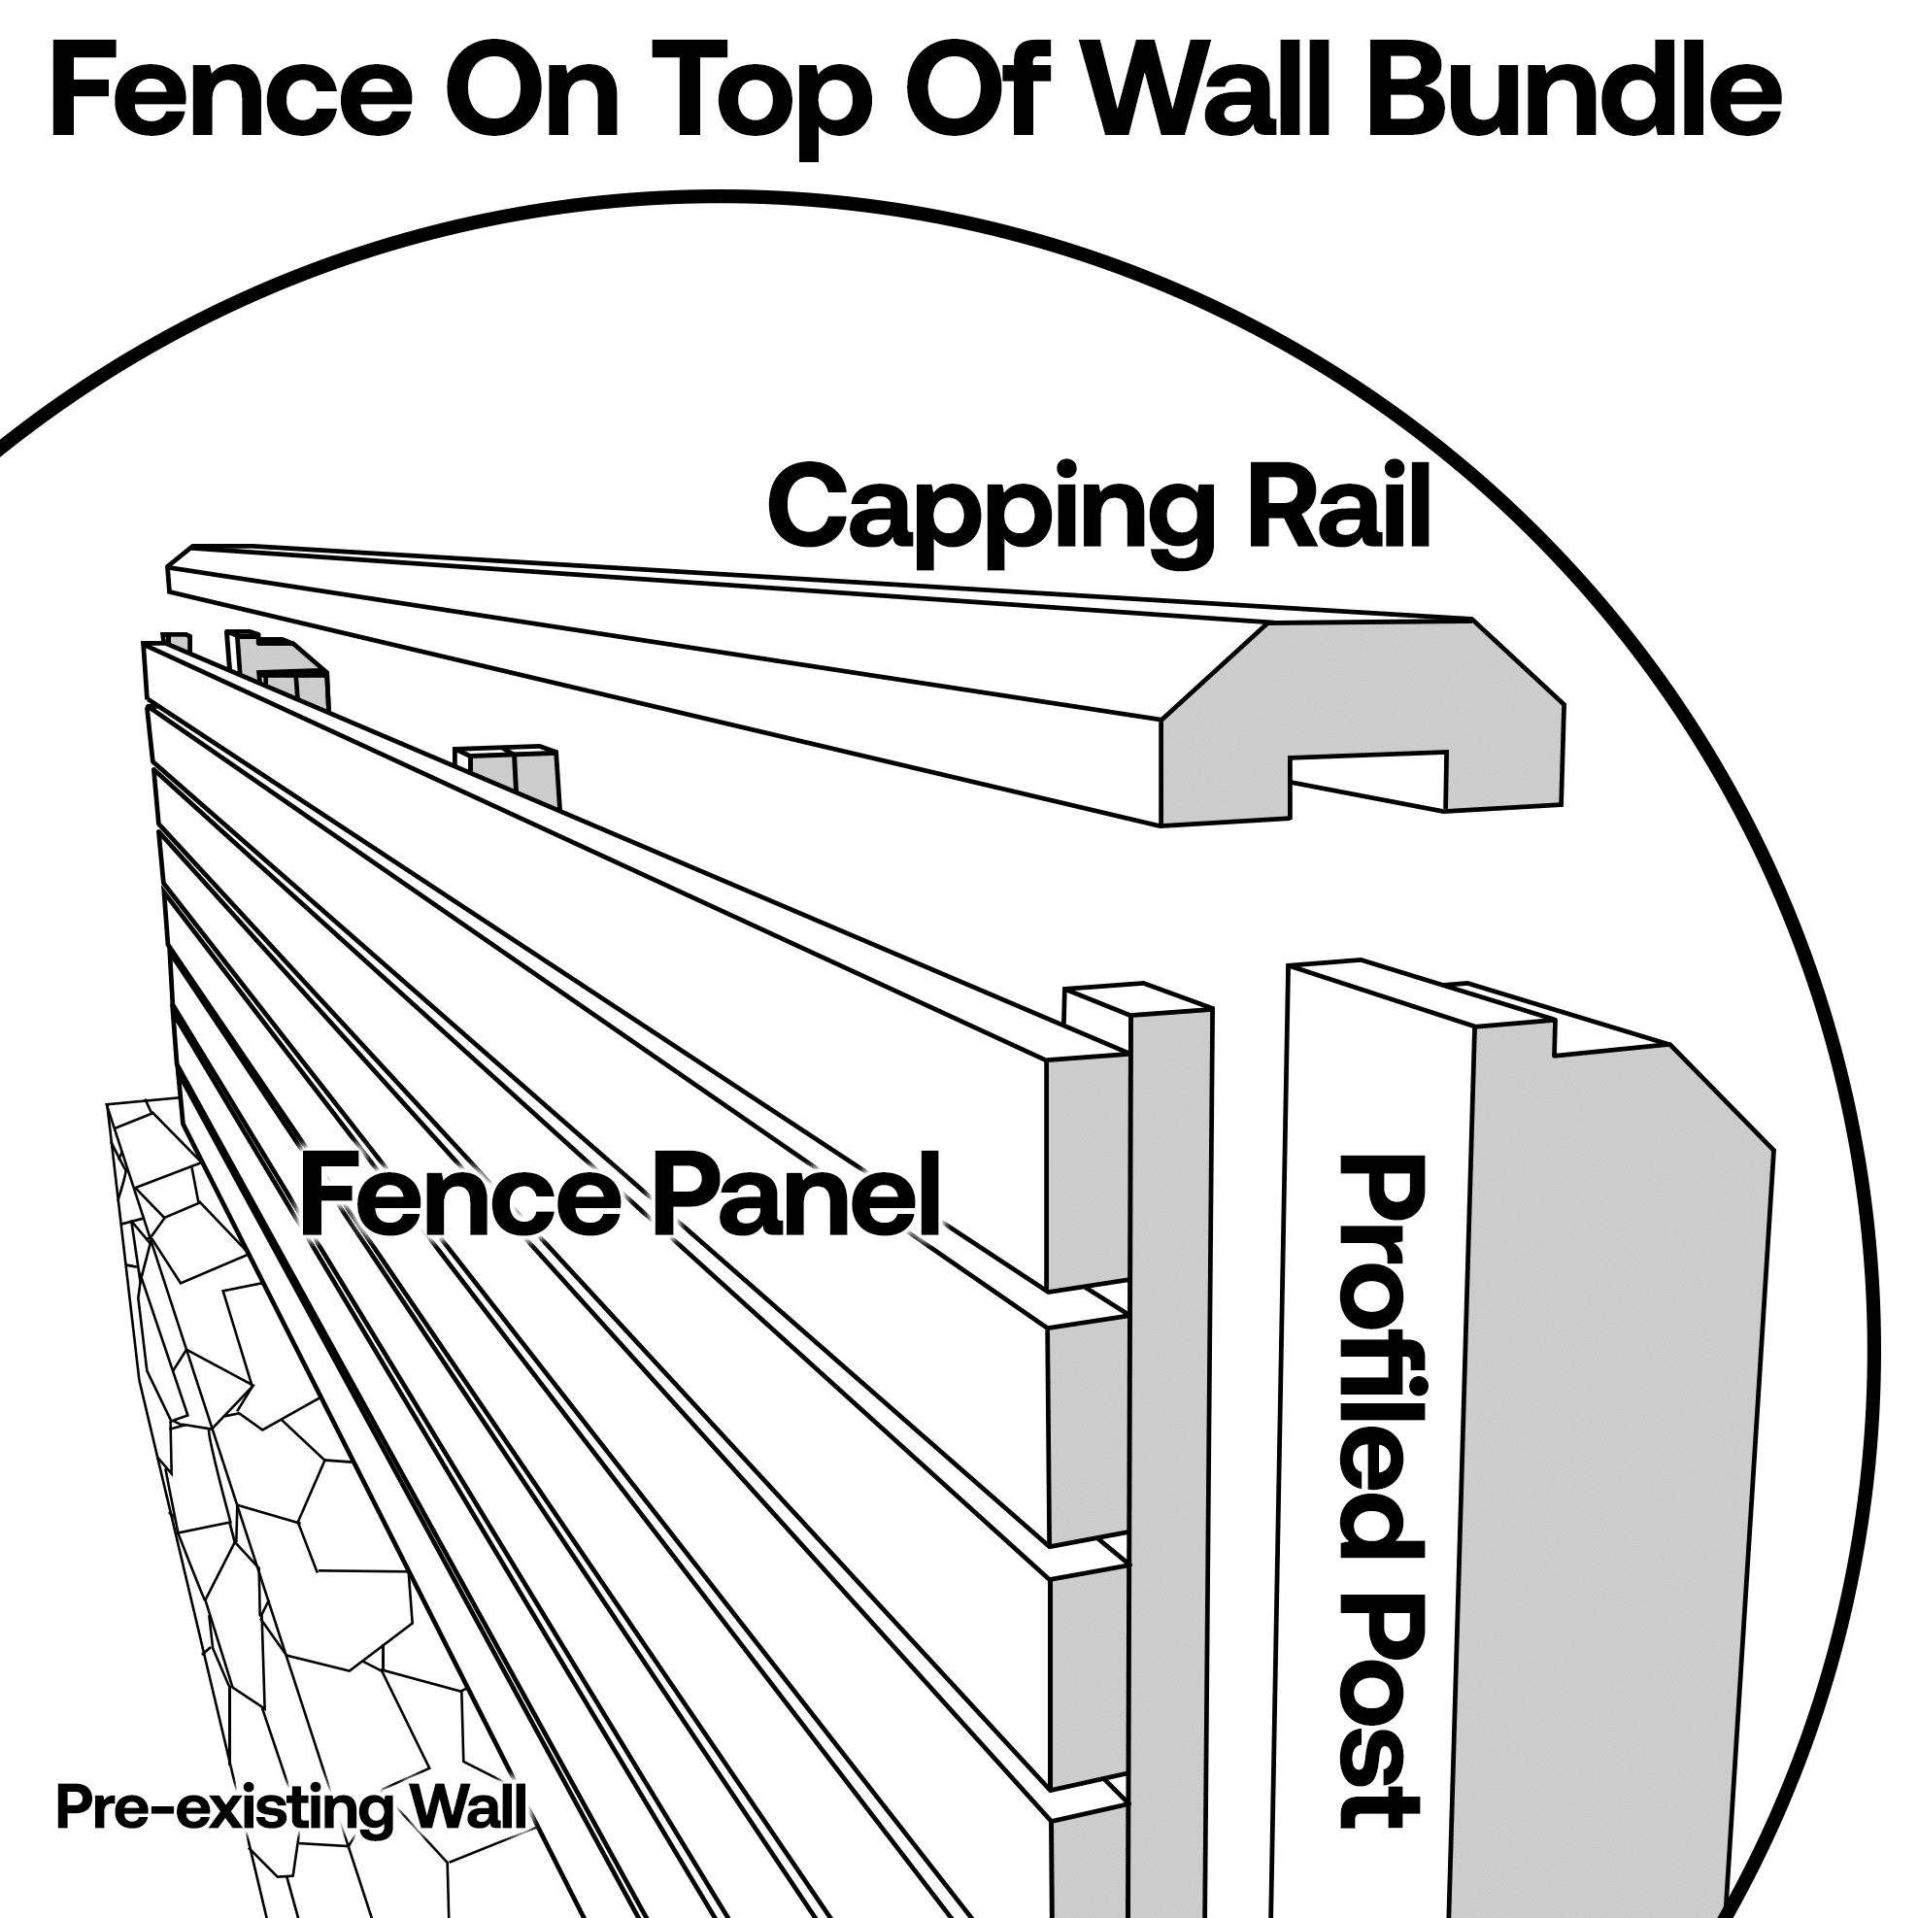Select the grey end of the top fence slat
click(1086, 1171)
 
